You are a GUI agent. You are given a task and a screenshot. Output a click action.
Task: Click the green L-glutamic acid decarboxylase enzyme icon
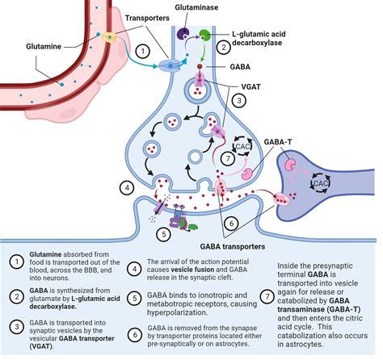205,35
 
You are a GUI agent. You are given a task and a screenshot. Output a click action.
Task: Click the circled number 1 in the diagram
141,50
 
